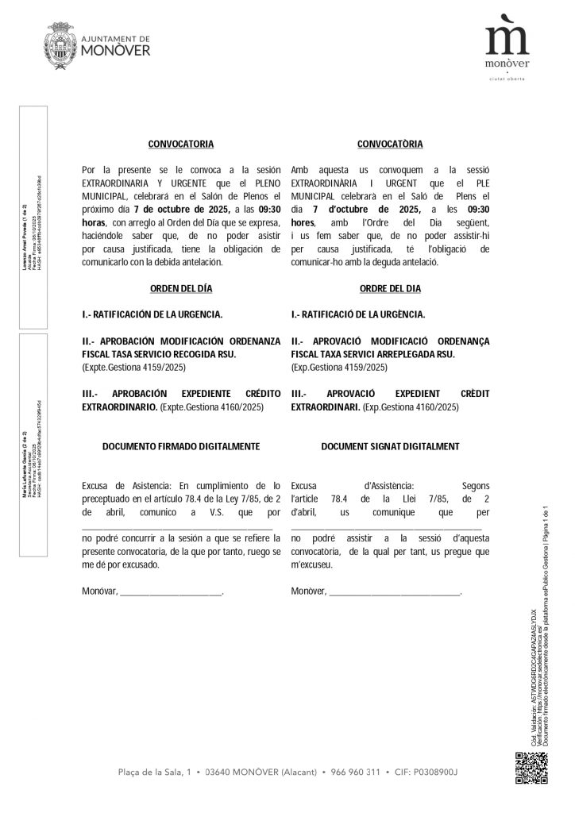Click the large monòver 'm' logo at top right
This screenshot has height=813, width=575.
click(507, 40)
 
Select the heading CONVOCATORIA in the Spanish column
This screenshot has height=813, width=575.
click(181, 144)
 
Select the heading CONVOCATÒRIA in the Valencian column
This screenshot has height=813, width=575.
click(390, 144)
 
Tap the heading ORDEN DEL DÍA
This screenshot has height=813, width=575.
click(181, 288)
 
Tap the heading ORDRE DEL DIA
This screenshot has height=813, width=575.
click(390, 288)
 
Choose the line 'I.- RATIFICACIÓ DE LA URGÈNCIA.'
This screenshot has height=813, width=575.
click(357, 314)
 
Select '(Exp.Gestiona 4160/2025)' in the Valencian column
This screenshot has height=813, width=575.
click(411, 406)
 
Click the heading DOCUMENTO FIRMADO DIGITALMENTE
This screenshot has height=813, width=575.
click(181, 446)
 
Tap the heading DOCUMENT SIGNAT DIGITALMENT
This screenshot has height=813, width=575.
click(390, 446)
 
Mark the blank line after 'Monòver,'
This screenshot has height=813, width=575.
click(395, 592)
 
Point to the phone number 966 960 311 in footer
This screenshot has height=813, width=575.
click(354, 773)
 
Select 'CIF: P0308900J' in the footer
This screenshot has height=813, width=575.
click(425, 773)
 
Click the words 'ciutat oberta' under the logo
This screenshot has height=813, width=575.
click(507, 78)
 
